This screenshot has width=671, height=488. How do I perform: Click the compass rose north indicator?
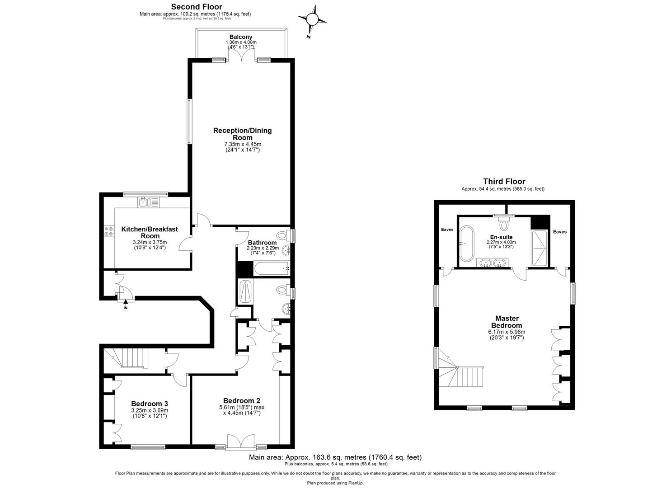[x=312, y=19]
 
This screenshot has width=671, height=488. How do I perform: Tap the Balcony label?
[x=241, y=37]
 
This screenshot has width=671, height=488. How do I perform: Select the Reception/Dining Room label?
[x=242, y=134]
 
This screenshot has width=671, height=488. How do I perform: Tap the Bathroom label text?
[x=262, y=243]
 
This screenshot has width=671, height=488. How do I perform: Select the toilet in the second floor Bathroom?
[x=283, y=235]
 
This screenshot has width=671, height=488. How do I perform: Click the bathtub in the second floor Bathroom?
[x=272, y=268]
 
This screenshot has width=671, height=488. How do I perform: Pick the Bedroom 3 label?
[x=150, y=404]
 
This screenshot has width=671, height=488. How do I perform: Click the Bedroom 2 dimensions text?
[x=242, y=410]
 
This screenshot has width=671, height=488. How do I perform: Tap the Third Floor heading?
[x=504, y=181]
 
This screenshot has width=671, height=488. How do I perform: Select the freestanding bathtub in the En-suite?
[x=467, y=244]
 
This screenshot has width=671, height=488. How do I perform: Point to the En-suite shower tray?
[x=539, y=248]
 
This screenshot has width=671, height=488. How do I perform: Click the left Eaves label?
[x=447, y=230]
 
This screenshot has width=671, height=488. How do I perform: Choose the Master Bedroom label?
[x=507, y=322]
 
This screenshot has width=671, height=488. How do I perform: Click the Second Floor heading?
[x=197, y=7]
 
